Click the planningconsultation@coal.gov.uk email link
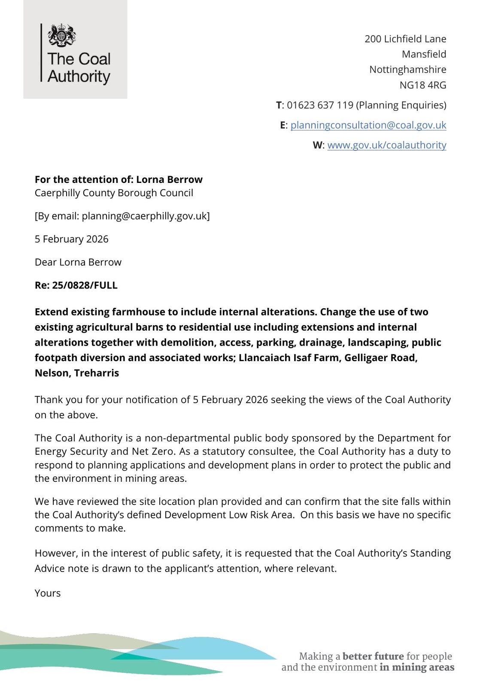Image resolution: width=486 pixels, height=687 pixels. point(368,125)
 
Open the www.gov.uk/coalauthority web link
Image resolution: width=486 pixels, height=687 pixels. point(386,145)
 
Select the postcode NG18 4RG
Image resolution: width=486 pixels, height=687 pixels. point(422,85)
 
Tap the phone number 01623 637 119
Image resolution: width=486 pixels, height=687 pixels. point(320,105)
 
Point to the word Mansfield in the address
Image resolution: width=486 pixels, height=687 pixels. point(424,54)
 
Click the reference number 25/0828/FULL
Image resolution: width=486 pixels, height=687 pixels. point(85,286)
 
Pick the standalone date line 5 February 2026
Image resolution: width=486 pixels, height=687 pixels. point(71,239)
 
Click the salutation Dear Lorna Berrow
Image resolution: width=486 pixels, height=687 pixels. point(78,262)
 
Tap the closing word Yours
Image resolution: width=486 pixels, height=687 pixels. point(48,593)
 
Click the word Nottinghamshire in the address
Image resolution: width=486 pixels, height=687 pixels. point(407,70)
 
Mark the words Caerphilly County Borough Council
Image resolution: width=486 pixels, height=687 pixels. point(114,193)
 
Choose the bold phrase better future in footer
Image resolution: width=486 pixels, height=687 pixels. point(373,656)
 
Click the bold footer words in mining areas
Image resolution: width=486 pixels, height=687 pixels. point(416,667)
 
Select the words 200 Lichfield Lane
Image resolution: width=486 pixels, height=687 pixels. point(405,39)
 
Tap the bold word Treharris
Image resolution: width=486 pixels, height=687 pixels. point(96,373)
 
